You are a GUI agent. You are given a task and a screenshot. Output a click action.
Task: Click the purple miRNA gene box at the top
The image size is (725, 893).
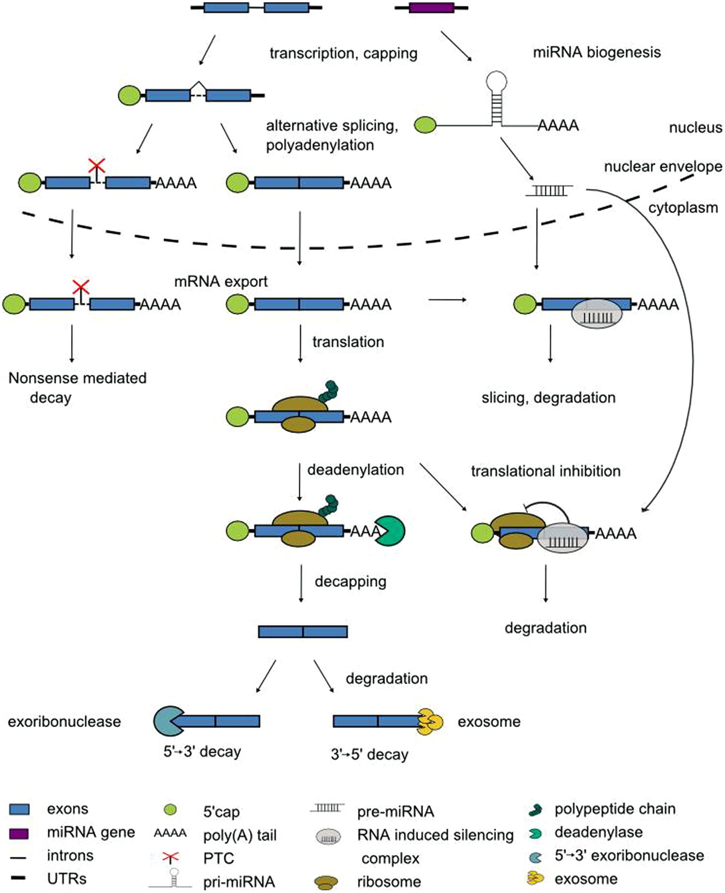pos(431,7)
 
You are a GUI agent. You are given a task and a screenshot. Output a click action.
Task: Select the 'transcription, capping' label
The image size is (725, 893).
pos(343,54)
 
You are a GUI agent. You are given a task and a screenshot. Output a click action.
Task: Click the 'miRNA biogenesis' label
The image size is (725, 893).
pos(597,52)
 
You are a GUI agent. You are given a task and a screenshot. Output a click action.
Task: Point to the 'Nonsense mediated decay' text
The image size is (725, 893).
pos(77,387)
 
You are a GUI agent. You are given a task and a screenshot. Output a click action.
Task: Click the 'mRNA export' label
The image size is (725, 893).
pos(221,281)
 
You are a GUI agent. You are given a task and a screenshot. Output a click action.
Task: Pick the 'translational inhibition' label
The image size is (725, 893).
pos(545,471)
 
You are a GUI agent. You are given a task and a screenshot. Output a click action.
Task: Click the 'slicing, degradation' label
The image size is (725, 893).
pos(548,397)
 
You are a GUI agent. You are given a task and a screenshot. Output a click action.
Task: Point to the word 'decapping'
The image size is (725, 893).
pos(350,581)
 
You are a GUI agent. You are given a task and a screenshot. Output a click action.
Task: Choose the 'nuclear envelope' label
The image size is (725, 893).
pos(663,167)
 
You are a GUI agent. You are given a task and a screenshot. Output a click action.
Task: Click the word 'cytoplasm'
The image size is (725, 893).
pos(682,207)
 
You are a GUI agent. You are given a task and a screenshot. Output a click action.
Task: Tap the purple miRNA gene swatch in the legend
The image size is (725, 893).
pos(19,834)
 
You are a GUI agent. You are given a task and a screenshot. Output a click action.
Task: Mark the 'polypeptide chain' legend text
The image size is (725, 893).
pos(615,809)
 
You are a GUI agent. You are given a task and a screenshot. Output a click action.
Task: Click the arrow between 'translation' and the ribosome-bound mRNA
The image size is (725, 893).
pos(300,344)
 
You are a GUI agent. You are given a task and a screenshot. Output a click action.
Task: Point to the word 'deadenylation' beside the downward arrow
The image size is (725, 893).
pos(356,470)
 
